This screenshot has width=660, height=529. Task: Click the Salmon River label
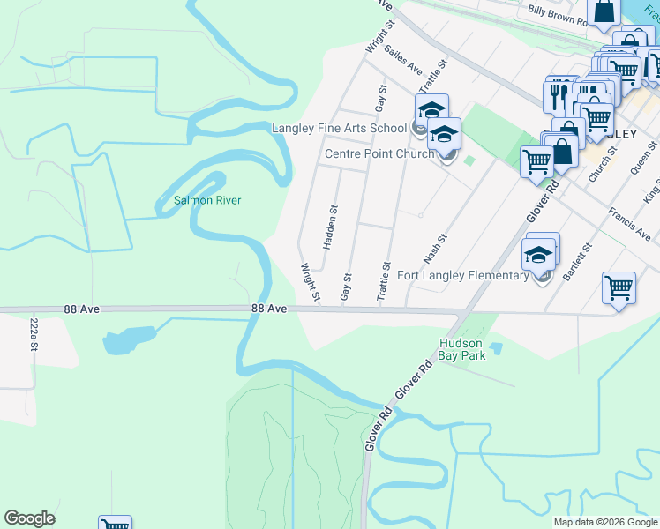tap(207, 200)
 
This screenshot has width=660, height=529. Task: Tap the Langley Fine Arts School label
tap(339, 128)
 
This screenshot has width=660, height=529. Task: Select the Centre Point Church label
tap(379, 153)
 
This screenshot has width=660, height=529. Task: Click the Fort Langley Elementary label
tap(462, 275)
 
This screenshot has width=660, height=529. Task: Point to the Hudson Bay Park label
tap(463, 350)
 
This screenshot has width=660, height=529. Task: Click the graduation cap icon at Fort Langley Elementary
tap(539, 255)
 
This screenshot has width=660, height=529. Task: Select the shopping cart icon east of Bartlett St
tap(619, 287)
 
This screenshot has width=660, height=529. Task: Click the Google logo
tap(29, 518)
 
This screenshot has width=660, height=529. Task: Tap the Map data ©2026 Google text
tap(604, 522)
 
